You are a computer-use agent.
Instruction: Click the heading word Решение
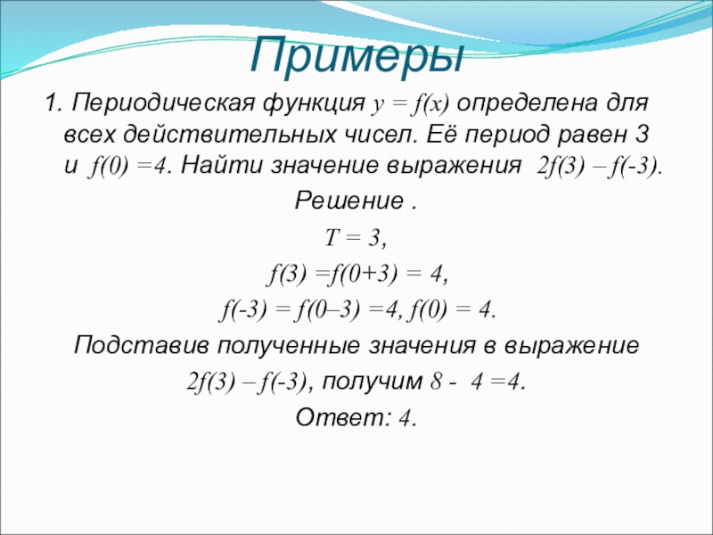click(348, 202)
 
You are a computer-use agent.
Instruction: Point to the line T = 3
click(356, 238)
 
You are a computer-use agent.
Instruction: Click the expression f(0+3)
click(363, 276)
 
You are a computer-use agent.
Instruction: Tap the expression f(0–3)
click(329, 311)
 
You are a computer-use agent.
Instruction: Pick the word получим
click(372, 383)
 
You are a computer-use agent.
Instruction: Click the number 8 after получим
click(436, 382)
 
